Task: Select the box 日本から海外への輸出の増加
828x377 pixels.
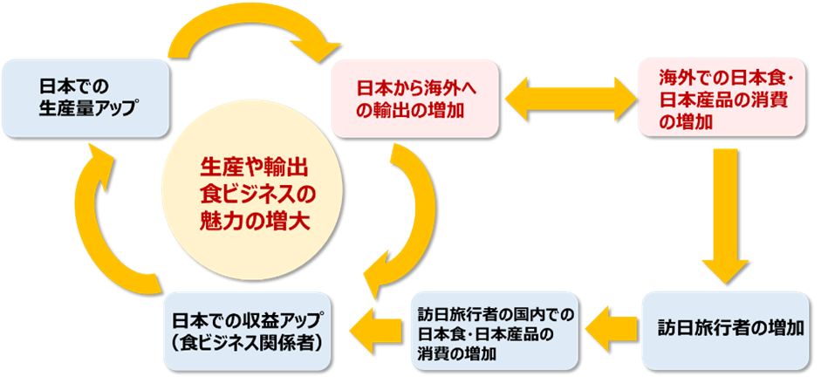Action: (414, 99)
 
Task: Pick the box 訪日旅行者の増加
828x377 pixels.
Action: (730, 330)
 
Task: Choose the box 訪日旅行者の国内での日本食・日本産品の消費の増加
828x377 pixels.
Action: (494, 331)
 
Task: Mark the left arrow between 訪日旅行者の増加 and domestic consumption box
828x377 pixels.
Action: (611, 329)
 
